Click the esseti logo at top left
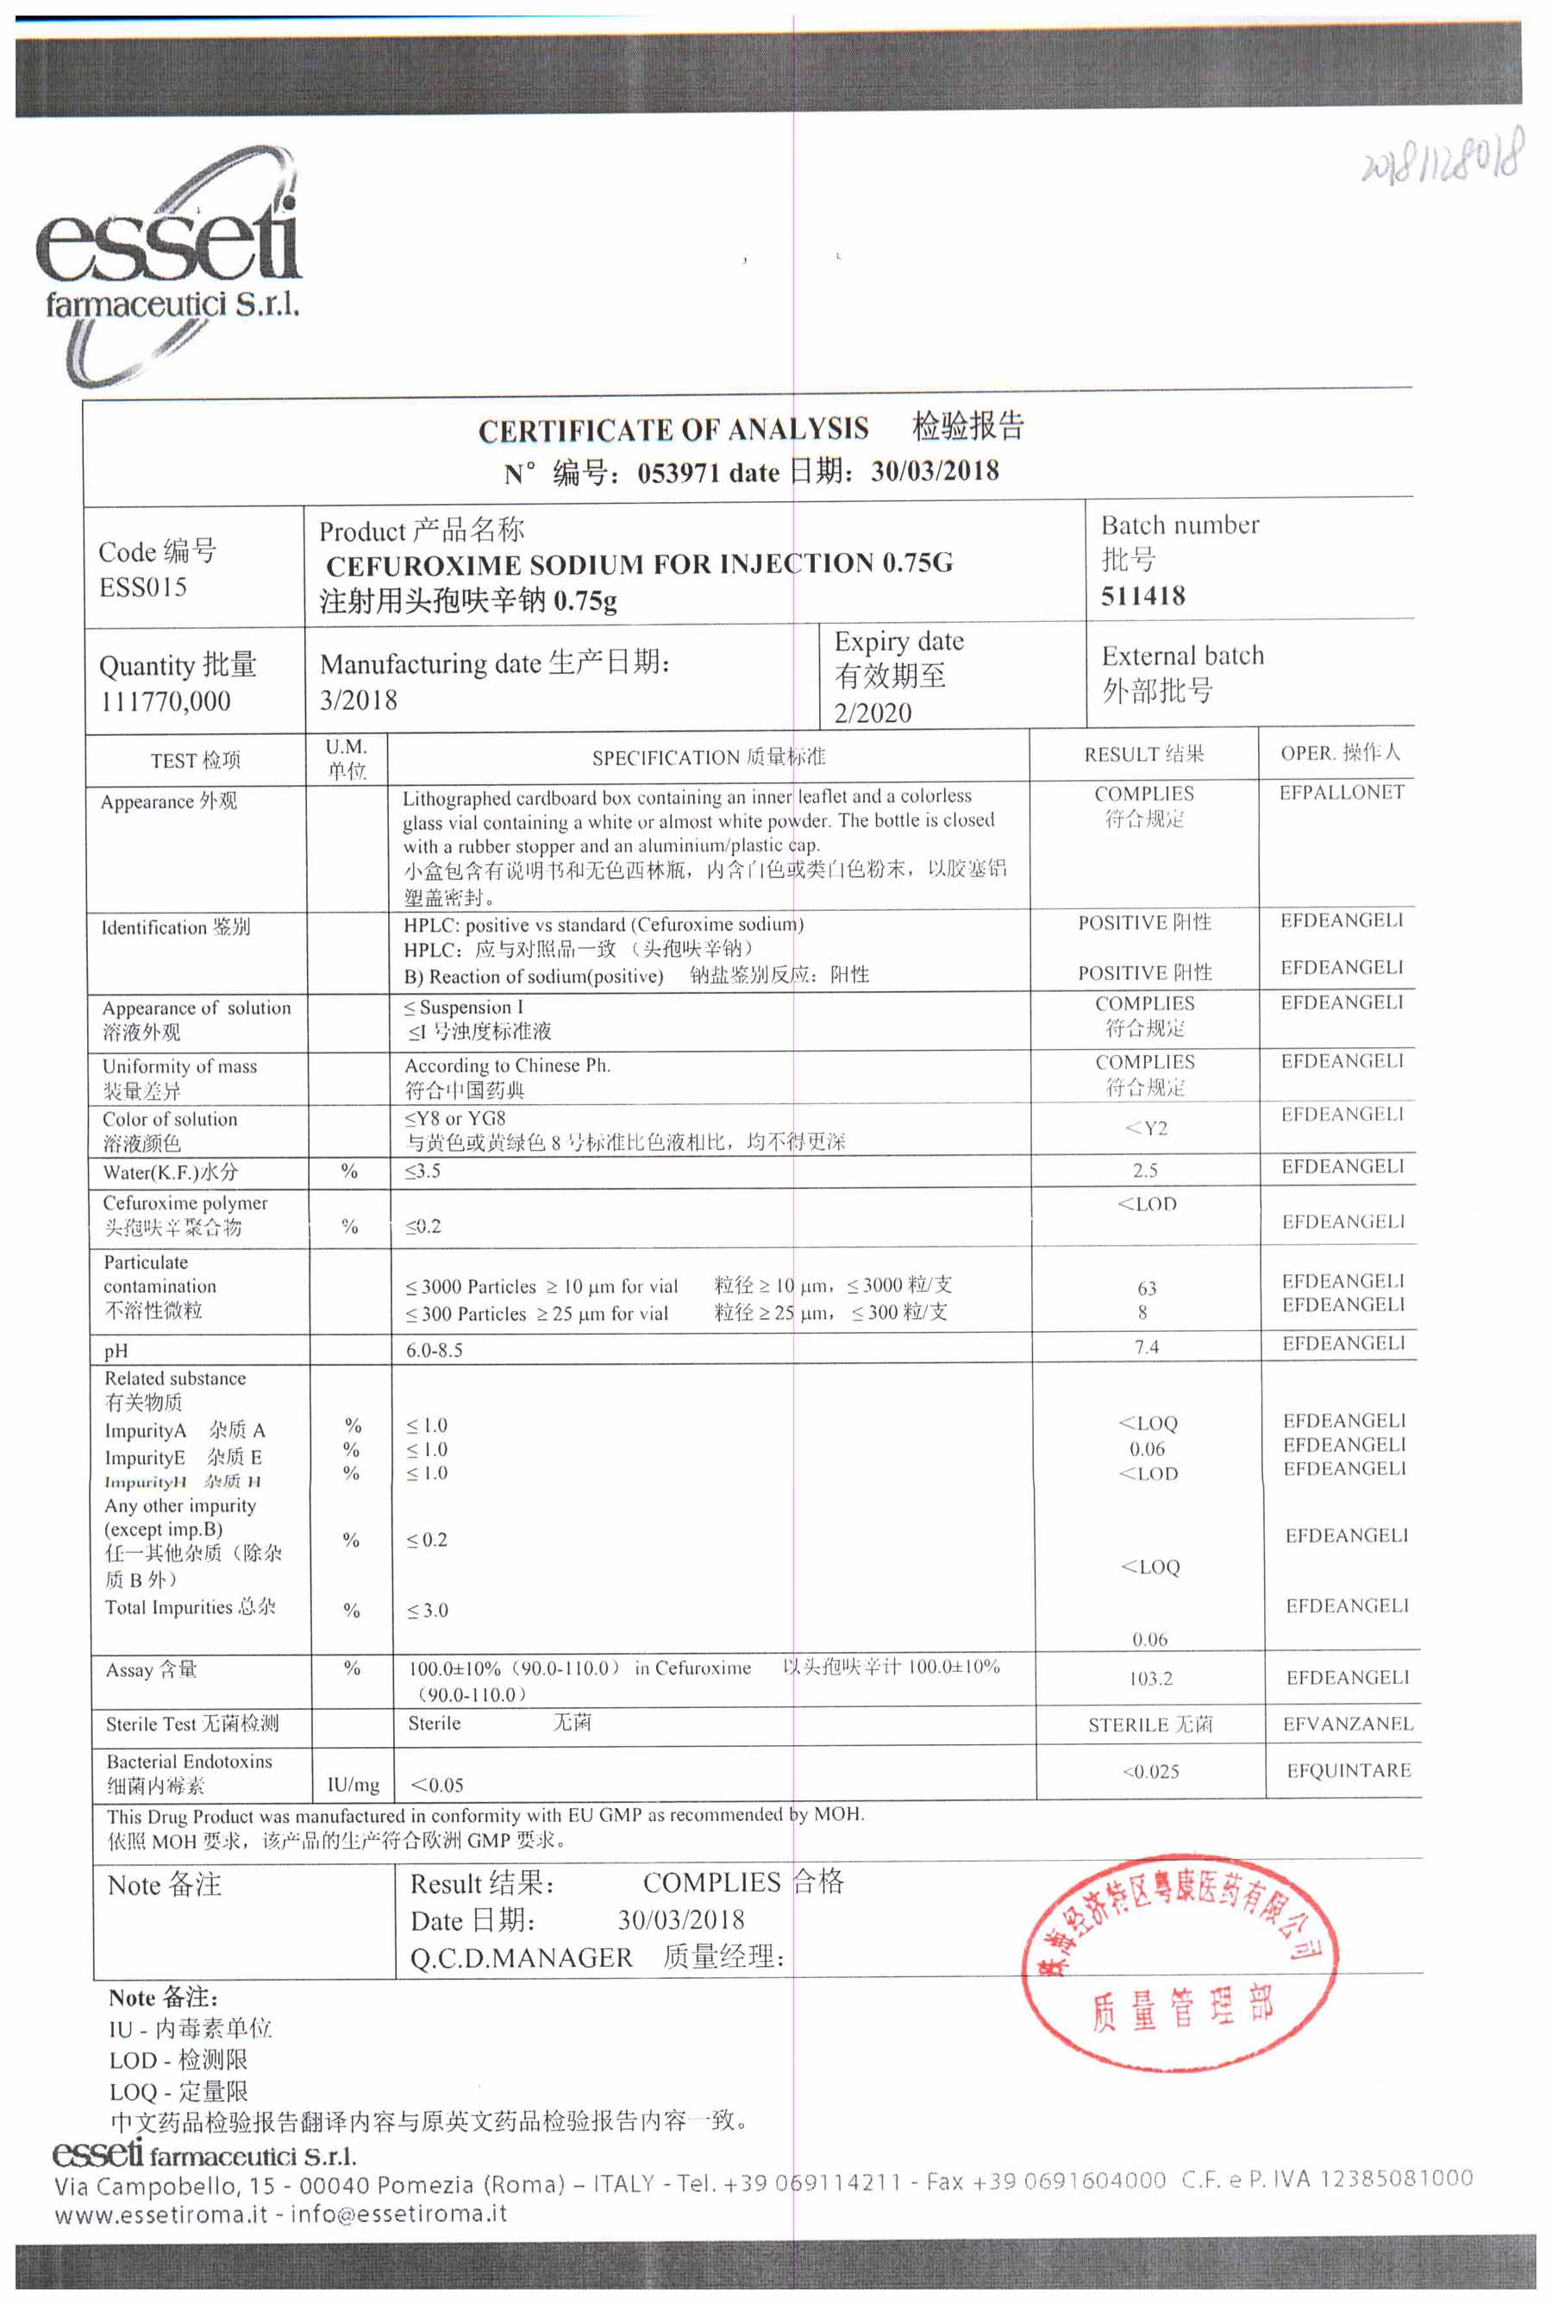pos(168,262)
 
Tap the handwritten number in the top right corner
pos(1440,160)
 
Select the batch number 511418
pos(1143,596)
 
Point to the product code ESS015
pos(142,587)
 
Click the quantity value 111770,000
pos(166,701)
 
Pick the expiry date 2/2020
pos(872,712)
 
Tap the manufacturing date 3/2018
pos(359,700)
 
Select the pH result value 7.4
pos(1146,1347)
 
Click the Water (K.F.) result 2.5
pos(1145,1171)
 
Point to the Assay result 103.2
pos(1150,1678)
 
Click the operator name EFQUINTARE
pos(1349,1770)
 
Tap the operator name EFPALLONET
pos(1341,792)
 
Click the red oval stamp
pos(1180,1963)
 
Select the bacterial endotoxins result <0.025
pos(1150,1771)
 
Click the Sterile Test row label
pos(192,1724)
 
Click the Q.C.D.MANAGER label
pos(521,1957)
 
